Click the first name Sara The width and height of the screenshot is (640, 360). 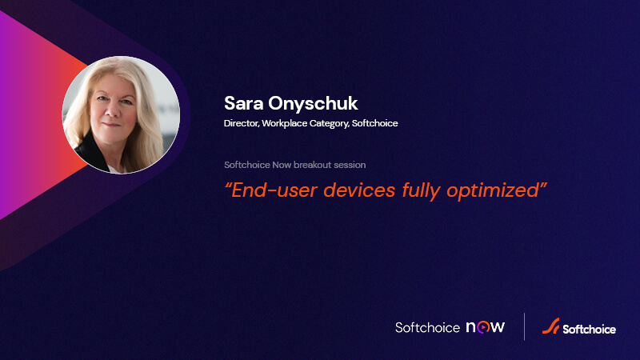[243, 104]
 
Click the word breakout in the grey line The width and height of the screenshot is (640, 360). [322, 165]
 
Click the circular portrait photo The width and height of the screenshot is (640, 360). [120, 115]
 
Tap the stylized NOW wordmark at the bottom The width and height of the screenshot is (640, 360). [485, 327]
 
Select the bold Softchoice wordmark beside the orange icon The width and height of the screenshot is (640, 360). [589, 328]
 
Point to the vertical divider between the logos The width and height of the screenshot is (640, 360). [524, 327]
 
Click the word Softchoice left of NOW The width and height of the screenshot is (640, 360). [427, 327]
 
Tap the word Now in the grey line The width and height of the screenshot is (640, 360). [290, 165]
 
